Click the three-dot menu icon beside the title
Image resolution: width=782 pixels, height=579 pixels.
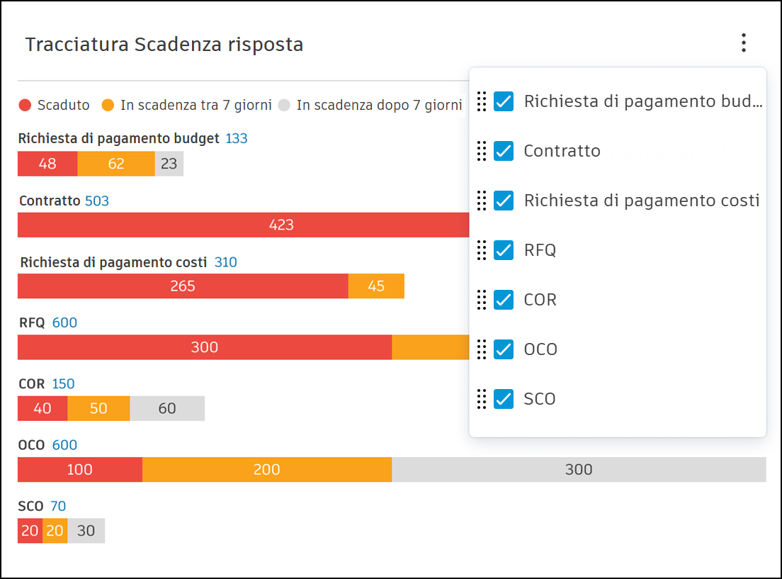point(743,43)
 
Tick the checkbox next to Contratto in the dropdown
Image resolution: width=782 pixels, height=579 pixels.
point(504,151)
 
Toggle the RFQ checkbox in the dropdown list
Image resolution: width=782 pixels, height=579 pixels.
point(504,250)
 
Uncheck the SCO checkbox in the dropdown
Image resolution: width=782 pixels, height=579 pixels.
point(504,399)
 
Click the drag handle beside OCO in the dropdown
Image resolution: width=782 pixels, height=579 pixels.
point(482,349)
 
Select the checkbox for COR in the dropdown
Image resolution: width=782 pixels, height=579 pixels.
point(504,300)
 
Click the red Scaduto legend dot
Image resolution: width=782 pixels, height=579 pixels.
point(25,106)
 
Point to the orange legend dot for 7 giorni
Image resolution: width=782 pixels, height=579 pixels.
point(108,106)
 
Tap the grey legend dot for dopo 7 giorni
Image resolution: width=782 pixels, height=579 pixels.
point(284,106)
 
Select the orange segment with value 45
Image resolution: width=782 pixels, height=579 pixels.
point(376,286)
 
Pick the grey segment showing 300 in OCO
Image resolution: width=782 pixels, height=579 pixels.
point(579,469)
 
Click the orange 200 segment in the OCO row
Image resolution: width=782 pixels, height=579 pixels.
point(267,469)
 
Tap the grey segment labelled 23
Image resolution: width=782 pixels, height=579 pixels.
point(169,164)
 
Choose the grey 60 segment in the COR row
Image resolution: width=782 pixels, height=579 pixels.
point(167,408)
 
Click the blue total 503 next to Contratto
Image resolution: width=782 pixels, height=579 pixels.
point(97,201)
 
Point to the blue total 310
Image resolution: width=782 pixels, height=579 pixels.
point(226,262)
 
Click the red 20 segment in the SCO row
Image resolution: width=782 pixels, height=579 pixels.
point(30,531)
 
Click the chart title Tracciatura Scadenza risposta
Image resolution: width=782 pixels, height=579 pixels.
point(164,45)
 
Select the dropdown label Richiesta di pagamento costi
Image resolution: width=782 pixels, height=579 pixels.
point(642,201)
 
